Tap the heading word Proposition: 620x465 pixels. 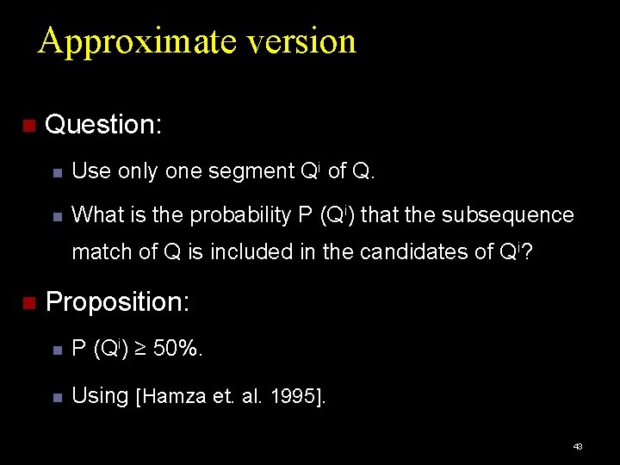(118, 302)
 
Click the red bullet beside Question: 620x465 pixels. (28, 126)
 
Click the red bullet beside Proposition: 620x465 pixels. (28, 303)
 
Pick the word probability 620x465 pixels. (241, 215)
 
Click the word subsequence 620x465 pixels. (507, 214)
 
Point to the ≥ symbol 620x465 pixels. (141, 350)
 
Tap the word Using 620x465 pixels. (100, 396)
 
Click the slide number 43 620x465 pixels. (578, 446)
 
